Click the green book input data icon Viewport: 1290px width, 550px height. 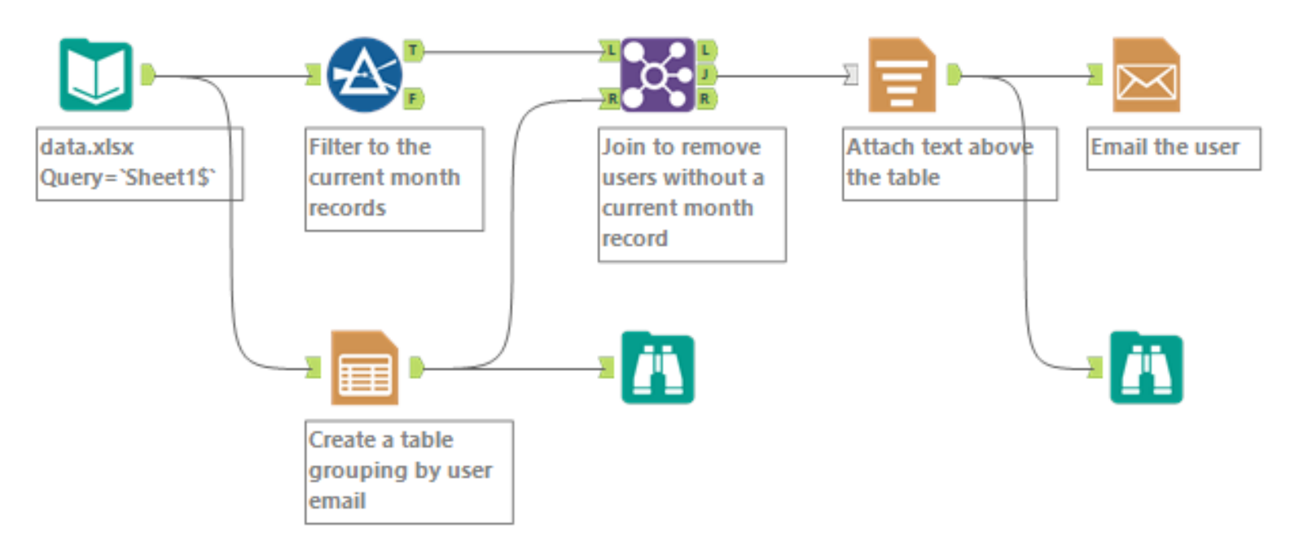tap(96, 75)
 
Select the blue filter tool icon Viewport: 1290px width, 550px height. tap(364, 75)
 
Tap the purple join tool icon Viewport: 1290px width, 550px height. tap(657, 75)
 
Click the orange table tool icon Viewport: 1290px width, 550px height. tap(364, 368)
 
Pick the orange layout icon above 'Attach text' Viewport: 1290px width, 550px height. tap(902, 75)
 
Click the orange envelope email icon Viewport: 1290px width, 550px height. tap(1146, 75)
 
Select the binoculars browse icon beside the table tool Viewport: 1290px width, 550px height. tap(657, 368)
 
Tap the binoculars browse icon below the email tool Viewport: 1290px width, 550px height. tap(1146, 368)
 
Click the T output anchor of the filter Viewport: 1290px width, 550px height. tap(413, 50)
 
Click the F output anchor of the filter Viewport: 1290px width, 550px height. tap(413, 99)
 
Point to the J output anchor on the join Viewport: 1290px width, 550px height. tap(706, 75)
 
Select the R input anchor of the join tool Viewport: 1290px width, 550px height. tap(610, 99)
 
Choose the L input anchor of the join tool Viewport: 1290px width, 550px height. tap(610, 50)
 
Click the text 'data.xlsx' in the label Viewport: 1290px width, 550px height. tap(87, 147)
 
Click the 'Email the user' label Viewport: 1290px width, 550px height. tap(1165, 147)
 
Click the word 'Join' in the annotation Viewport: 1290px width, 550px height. tap(623, 147)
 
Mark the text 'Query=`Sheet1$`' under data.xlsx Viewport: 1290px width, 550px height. tap(128, 177)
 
